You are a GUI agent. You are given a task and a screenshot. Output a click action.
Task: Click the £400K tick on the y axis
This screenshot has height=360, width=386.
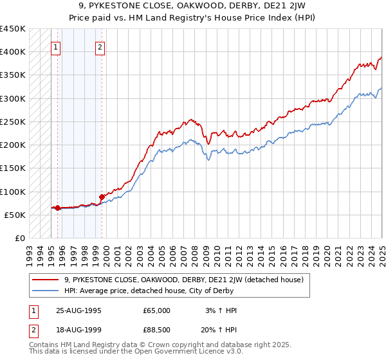13,52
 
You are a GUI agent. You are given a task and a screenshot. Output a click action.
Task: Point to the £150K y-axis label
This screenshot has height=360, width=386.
13,168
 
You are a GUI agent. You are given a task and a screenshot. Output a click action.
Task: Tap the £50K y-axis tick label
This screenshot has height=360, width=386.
15,215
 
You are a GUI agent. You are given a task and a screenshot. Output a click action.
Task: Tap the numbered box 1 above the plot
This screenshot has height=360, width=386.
56,46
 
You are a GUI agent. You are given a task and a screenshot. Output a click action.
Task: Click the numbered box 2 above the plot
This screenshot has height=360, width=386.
101,46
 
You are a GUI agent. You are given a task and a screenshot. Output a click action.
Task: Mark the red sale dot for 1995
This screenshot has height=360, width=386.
58,208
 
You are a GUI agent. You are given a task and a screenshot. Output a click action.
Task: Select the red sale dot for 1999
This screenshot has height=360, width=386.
102,197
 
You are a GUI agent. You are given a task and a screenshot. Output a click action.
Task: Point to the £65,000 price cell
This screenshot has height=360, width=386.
156,310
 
